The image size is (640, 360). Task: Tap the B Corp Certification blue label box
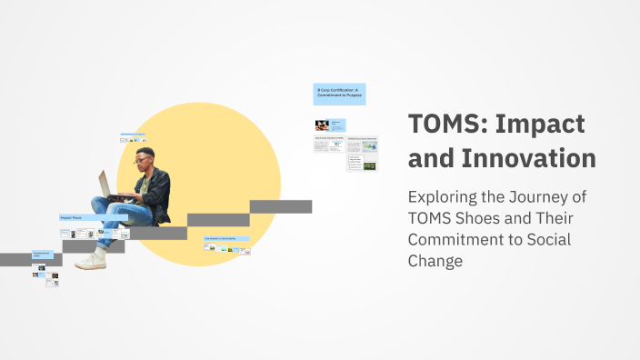339,94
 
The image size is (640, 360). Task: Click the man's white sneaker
91,261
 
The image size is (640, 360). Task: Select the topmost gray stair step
281,206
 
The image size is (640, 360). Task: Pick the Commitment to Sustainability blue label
226,238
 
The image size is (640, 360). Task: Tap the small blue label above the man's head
133,135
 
